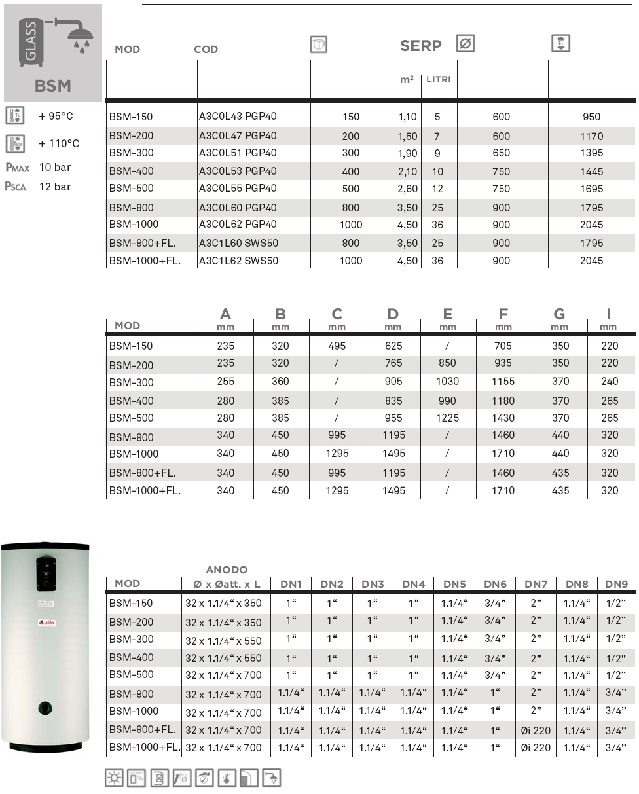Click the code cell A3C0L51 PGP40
point(238,153)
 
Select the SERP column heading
point(421,46)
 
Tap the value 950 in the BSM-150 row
point(591,117)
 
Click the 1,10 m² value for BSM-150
point(407,117)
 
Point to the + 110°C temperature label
point(59,143)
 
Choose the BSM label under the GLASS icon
point(53,86)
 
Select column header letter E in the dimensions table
point(448,315)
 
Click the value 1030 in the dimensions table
point(448,381)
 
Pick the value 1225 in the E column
point(448,418)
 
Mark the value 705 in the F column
point(503,346)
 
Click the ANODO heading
point(227,570)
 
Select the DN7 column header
point(536,584)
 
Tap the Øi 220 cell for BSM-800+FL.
point(536,730)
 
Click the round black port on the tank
point(45,707)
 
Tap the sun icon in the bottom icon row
point(115,777)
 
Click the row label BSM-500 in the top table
point(132,189)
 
